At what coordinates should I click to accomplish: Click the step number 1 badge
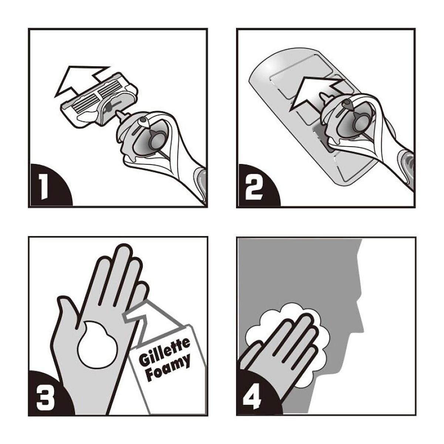[x=44, y=186]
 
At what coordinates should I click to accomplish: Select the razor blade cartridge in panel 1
[x=100, y=100]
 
